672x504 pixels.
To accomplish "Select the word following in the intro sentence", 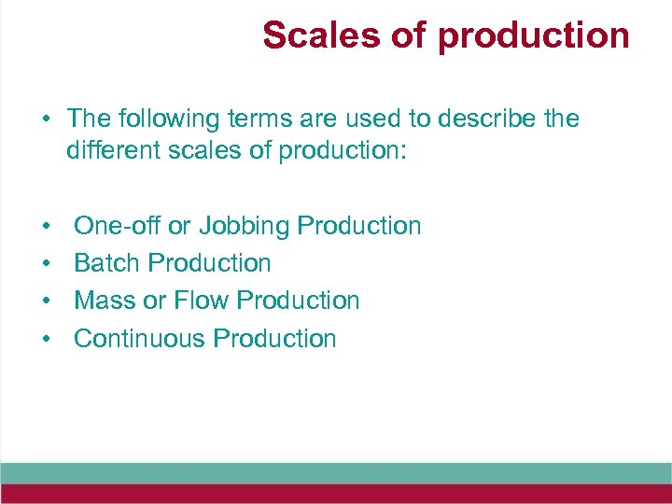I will pyautogui.click(x=167, y=119).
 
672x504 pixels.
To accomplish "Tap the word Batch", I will pyautogui.click(x=107, y=263).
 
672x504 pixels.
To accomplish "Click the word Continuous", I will pyautogui.click(x=140, y=338).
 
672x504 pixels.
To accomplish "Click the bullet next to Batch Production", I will pyautogui.click(x=45, y=264).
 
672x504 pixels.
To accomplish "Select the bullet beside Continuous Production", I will pyautogui.click(x=45, y=339).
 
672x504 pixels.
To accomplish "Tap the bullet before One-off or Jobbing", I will pyautogui.click(x=45, y=227).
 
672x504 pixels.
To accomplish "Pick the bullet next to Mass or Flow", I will pyautogui.click(x=45, y=301).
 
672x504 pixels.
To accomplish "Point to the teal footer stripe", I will pyautogui.click(x=336, y=472).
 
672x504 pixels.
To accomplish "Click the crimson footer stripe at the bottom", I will pyautogui.click(x=336, y=494).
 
